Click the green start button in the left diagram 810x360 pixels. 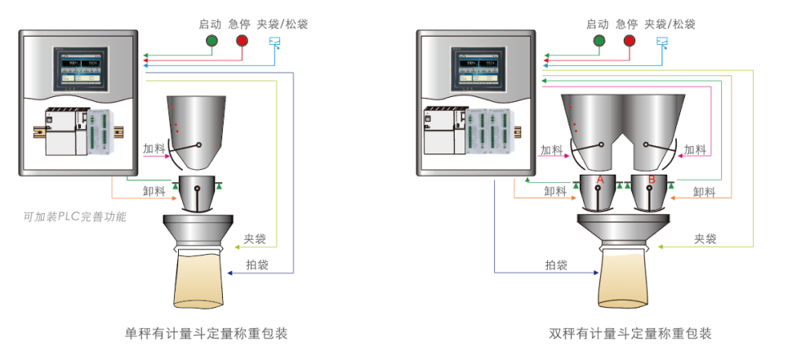(212, 41)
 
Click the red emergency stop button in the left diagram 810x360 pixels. (242, 41)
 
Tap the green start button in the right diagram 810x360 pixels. (599, 41)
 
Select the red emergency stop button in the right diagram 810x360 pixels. (629, 41)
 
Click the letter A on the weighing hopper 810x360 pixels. (600, 179)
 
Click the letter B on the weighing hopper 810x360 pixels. (652, 179)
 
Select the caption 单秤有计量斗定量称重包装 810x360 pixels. (206, 334)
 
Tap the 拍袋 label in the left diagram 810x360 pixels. (257, 264)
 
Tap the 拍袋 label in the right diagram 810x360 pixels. (556, 264)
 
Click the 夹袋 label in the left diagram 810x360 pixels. (255, 239)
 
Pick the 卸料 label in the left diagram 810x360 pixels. (154, 192)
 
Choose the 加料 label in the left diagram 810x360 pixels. (154, 149)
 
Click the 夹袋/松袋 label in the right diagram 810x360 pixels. (670, 24)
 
